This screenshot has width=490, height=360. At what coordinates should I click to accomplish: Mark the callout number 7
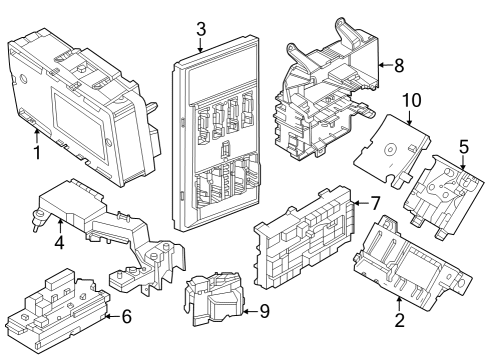click(x=375, y=202)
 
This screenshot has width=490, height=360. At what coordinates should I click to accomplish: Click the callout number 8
click(x=398, y=67)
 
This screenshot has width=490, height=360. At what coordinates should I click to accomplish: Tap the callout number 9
click(x=263, y=311)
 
